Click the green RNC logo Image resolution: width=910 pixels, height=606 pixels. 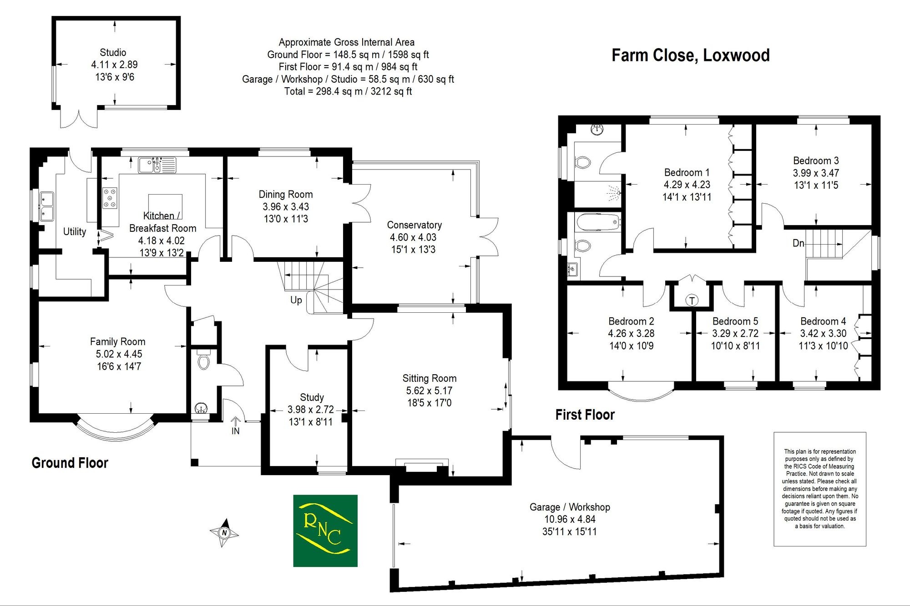pos(325,531)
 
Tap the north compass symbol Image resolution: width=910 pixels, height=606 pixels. pos(224,532)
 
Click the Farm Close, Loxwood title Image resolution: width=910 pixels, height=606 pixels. pos(690,55)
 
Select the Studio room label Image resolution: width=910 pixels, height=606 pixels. pos(113,52)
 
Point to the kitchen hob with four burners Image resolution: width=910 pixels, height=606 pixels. pos(110,198)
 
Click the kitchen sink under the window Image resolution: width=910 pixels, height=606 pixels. pos(157,165)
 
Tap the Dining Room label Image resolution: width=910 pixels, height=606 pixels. pos(286,194)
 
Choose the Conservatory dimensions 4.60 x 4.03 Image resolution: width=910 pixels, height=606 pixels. pos(413,237)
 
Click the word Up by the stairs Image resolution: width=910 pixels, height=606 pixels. pos(296,300)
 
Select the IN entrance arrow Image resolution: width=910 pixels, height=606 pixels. pos(236,425)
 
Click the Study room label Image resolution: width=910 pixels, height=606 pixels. pos(312,397)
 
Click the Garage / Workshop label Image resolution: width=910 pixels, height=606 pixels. pos(570,507)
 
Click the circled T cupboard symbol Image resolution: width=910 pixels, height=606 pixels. pos(692,300)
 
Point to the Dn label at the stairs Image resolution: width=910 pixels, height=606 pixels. pos(799,243)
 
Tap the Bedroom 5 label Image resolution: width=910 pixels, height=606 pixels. pos(735,321)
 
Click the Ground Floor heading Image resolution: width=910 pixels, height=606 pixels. pos(70,463)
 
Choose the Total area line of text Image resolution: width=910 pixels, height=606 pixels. pos(348,91)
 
